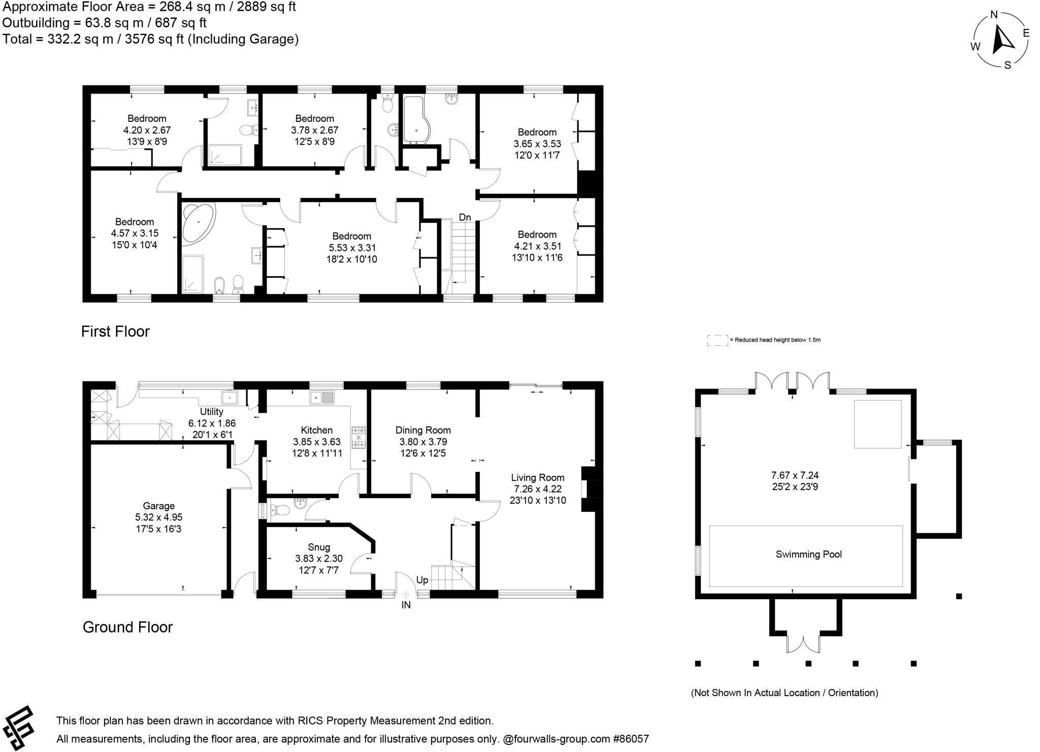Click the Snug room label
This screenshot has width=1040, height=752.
318,547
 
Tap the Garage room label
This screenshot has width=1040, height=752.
158,506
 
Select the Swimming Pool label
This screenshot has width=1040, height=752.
808,554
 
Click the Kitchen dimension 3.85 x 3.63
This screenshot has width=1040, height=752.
316,442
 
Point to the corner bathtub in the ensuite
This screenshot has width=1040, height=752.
198,223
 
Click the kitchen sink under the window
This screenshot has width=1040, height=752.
321,397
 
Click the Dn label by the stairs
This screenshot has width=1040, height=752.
465,217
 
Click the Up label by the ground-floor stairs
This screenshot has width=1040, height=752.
422,580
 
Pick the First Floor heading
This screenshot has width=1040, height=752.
115,332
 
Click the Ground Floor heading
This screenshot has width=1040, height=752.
127,627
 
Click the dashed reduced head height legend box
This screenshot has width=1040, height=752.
717,340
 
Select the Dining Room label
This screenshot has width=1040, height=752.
422,430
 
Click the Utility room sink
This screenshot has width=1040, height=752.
230,397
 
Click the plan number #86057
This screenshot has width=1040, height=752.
631,739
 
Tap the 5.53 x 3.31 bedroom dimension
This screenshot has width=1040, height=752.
351,248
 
